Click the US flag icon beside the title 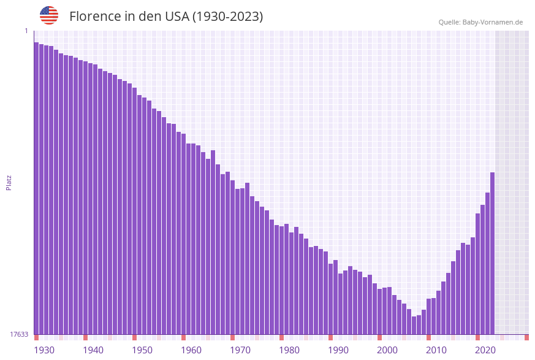49,15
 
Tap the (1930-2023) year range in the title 227,17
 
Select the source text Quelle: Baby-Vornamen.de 480,22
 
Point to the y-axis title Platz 9,182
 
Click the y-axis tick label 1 26,31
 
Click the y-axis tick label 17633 19,334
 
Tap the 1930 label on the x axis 44,350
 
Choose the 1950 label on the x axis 142,350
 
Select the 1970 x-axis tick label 240,350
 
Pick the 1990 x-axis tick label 338,350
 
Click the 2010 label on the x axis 436,350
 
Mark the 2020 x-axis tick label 485,350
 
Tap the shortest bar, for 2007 414,326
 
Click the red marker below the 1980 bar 281,337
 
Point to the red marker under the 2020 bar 477,337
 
